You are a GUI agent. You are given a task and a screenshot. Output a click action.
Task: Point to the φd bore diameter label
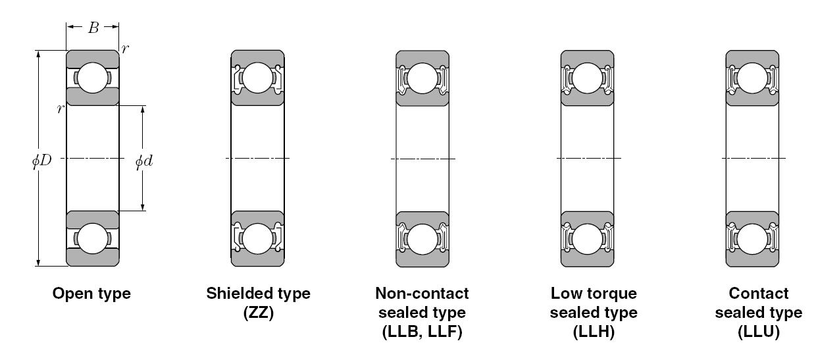pos(144,161)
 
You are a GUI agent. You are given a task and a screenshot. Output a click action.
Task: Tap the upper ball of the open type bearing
pos(93,78)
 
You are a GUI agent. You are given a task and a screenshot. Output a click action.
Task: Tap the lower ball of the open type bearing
pos(93,238)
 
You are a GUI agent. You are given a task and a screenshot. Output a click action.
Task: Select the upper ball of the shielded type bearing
pos(258,78)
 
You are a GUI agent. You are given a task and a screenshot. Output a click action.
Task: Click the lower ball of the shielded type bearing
pos(258,238)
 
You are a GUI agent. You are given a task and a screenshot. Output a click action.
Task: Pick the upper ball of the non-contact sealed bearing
pos(422,78)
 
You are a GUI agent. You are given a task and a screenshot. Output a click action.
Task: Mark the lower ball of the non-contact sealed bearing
pos(422,238)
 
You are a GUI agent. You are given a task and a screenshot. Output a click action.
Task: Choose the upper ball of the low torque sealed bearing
pos(588,78)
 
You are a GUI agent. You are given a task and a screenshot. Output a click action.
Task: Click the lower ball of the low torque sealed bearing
pos(588,238)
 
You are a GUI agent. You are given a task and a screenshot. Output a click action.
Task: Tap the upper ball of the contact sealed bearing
pos(752,78)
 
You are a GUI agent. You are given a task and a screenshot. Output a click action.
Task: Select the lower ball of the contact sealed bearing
pos(752,238)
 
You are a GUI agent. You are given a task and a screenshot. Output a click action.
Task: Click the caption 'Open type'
pos(91,294)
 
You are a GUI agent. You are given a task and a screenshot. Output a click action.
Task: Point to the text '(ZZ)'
pos(258,313)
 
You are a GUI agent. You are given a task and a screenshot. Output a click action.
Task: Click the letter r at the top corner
pos(126,49)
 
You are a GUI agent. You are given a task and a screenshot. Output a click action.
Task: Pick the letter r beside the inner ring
pos(59,109)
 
